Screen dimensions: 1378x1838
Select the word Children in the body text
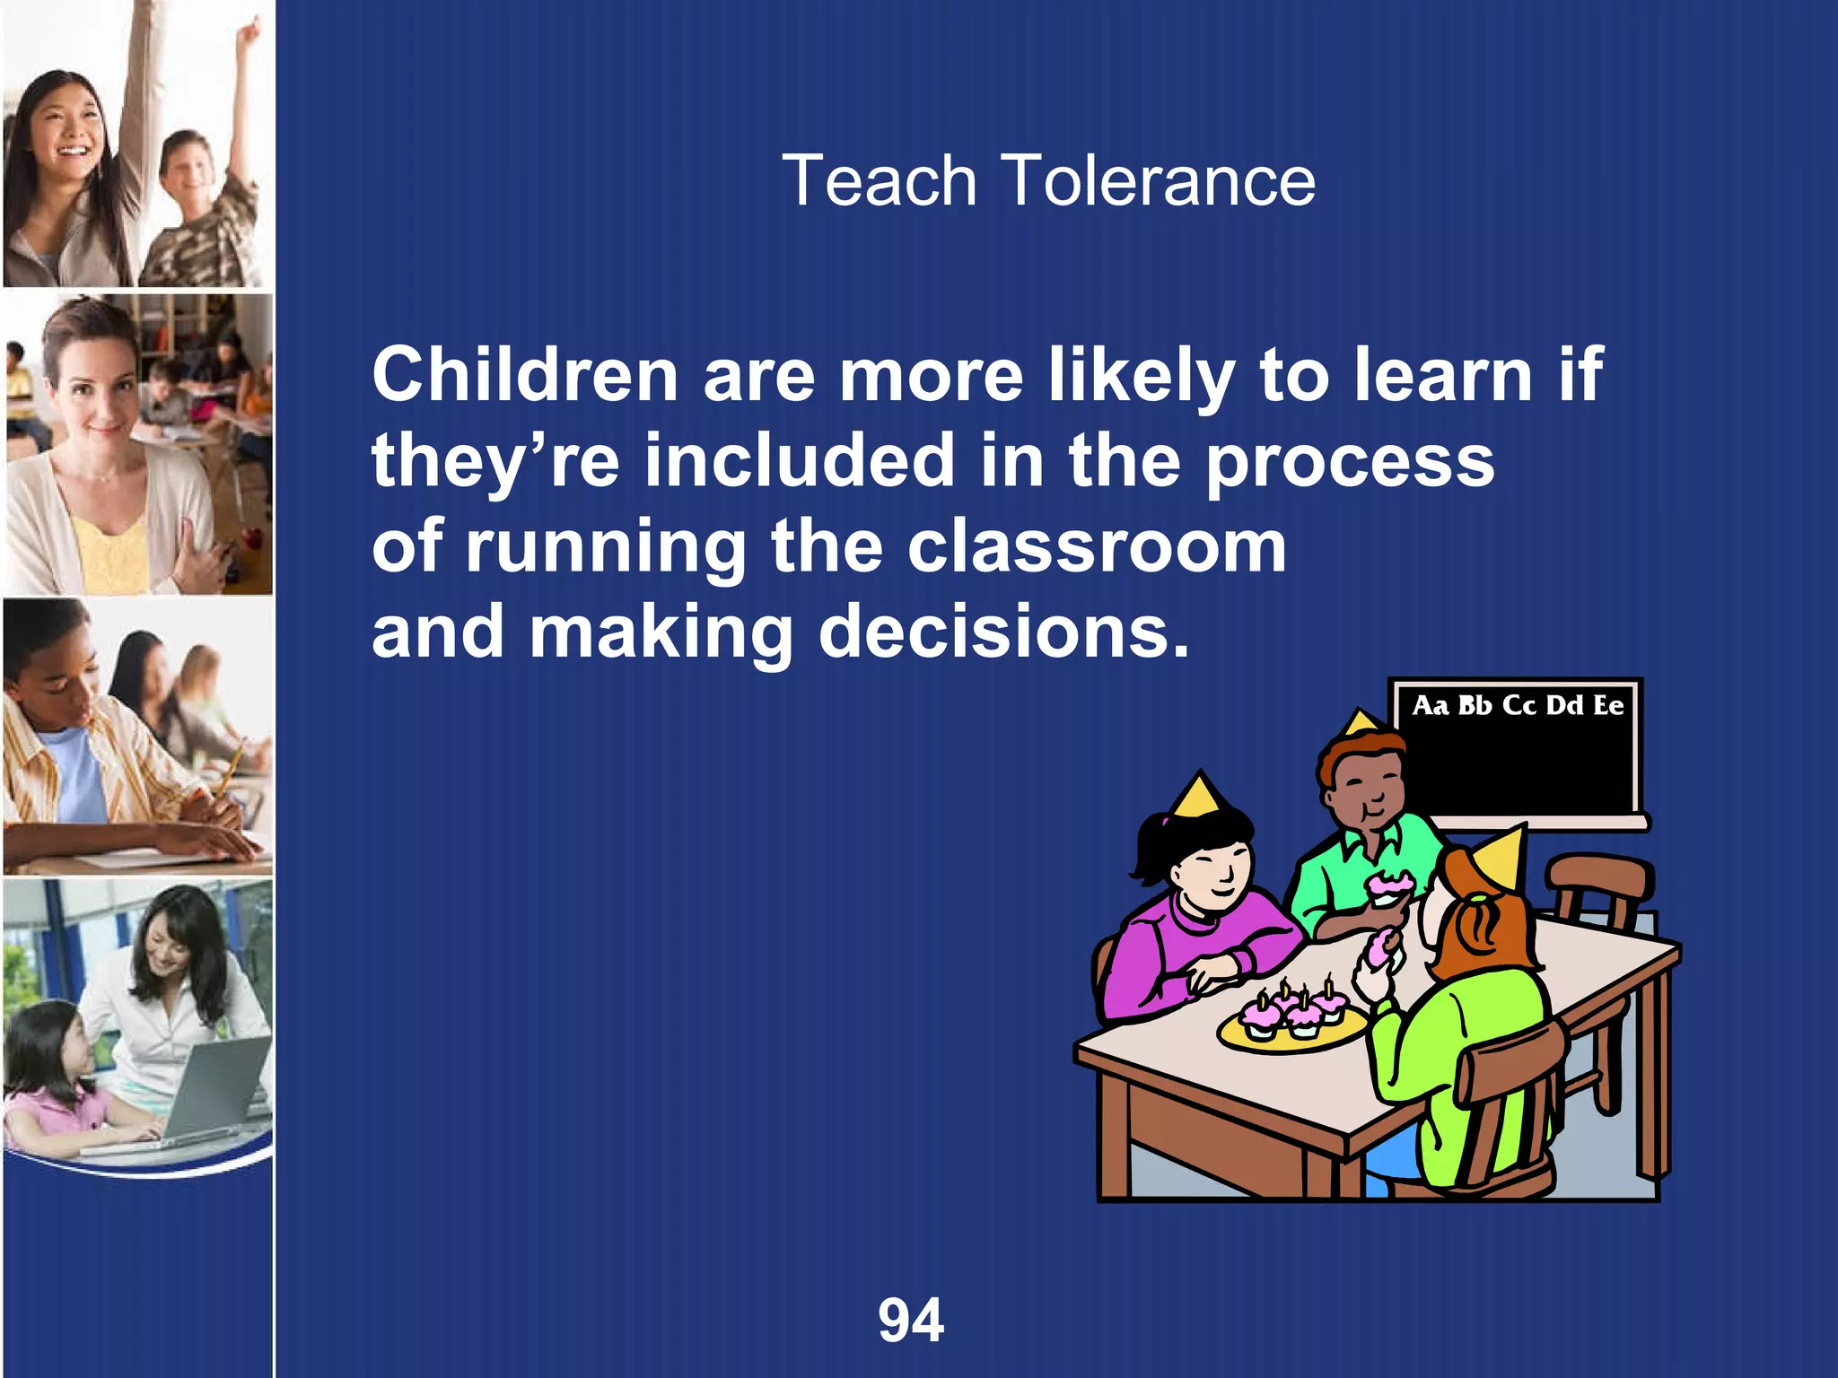click(x=525, y=375)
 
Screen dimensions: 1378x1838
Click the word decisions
click(x=1003, y=632)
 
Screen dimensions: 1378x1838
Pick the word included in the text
click(x=799, y=460)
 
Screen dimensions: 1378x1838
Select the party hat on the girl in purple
click(x=1195, y=794)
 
